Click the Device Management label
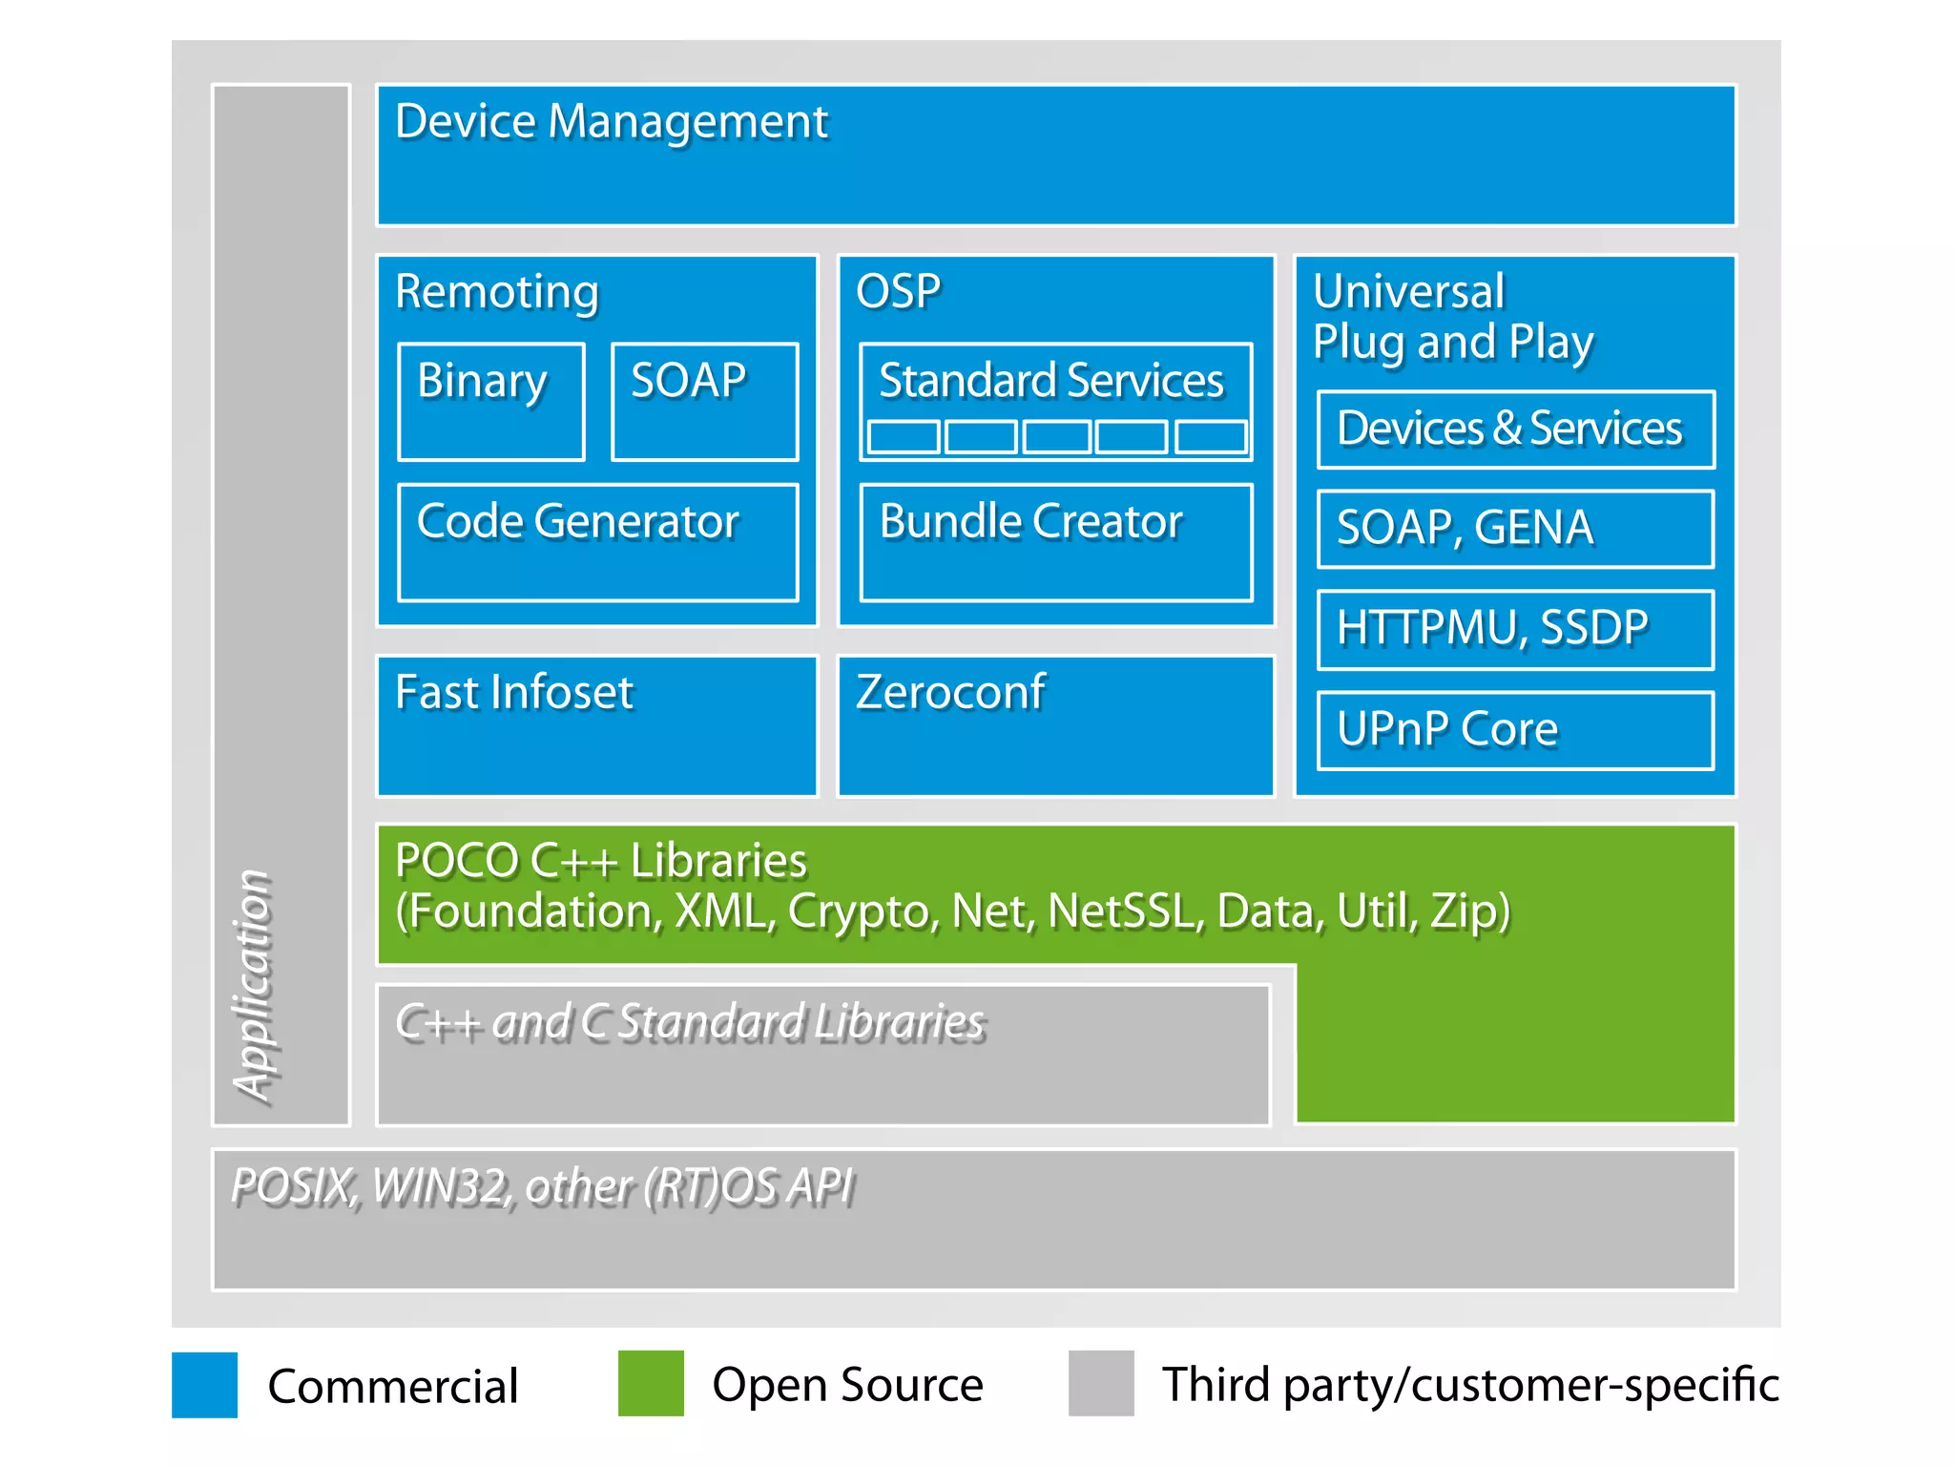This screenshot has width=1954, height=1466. pos(612,122)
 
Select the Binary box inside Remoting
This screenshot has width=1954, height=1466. pos(490,401)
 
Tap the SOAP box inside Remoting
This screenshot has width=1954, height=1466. pos(704,401)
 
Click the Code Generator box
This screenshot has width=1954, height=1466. pos(597,542)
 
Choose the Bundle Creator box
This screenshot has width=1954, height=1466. pos(1055,542)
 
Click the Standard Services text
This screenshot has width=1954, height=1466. pos(1050,381)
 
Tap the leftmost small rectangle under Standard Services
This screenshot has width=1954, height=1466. pos(904,437)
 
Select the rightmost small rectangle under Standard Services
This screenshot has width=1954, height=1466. pos(1211,437)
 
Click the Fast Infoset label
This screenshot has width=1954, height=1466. pos(514,692)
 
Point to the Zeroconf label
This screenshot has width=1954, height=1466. pos(950,692)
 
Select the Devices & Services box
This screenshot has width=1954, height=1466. pos(1515,429)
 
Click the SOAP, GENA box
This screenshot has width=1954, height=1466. pos(1515,529)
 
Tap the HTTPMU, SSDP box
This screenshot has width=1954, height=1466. pos(1515,629)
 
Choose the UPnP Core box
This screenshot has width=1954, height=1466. pos(1515,730)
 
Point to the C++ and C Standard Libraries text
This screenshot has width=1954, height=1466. pos(690,1022)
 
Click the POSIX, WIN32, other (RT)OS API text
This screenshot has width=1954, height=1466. pos(542,1187)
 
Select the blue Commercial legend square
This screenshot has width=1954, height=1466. pos(204,1384)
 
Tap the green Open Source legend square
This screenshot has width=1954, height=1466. pos(651,1383)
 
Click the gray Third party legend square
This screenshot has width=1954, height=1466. pos(1101,1383)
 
